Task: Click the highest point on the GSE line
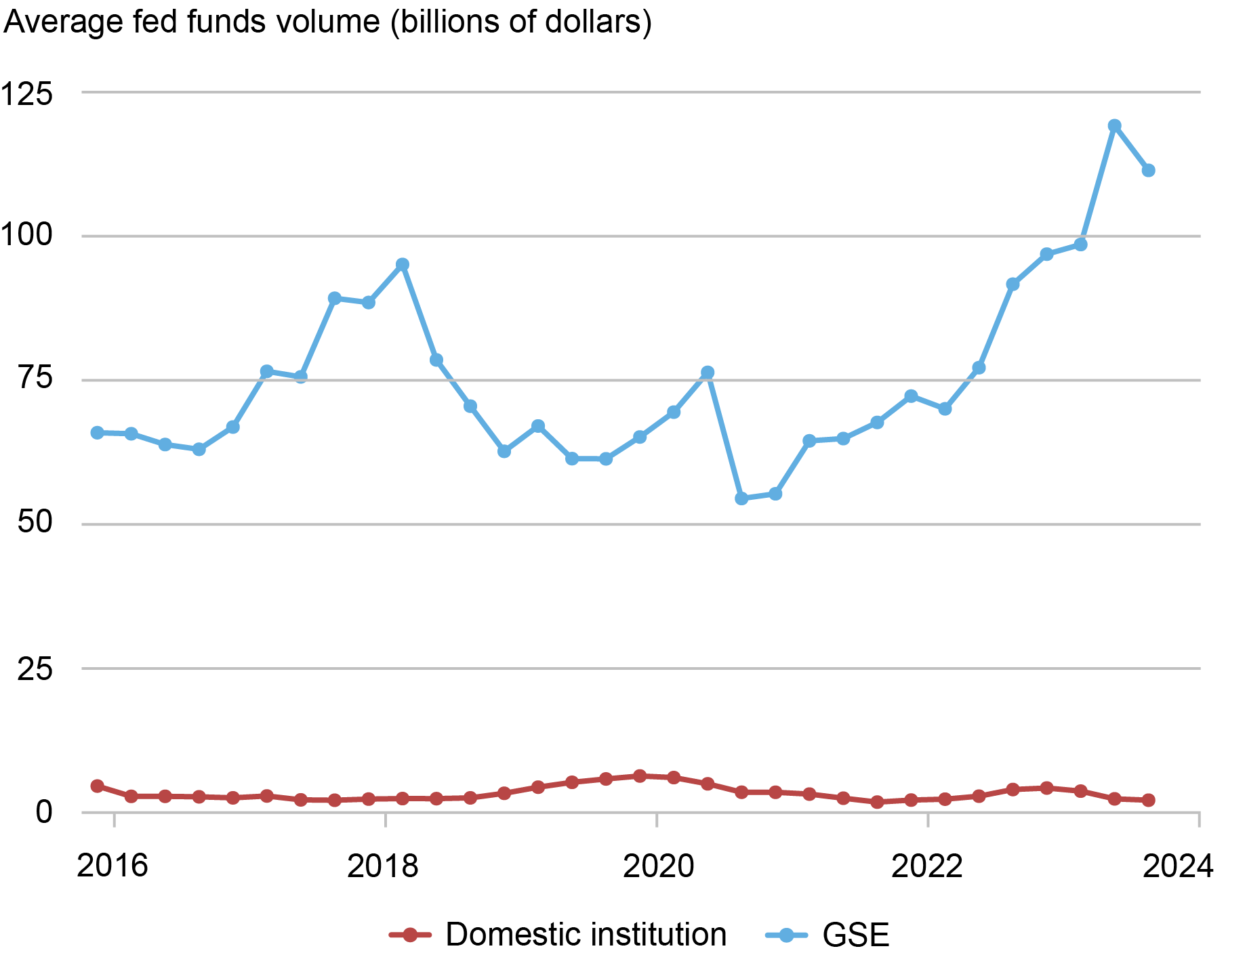(1114, 126)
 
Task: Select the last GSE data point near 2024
(1148, 171)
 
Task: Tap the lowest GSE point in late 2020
(741, 498)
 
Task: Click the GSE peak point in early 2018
(403, 265)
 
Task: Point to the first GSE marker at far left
(98, 433)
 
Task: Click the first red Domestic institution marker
(98, 786)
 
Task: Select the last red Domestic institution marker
(1148, 800)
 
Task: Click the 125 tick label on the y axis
(27, 93)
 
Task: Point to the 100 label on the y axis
(27, 236)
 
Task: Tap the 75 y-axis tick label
(35, 379)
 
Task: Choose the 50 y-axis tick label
(35, 523)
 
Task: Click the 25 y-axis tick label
(35, 669)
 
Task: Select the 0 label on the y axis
(43, 812)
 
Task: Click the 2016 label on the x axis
(113, 866)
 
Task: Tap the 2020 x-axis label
(657, 866)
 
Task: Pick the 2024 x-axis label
(1178, 866)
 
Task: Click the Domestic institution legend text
(586, 935)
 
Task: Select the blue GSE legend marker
(786, 935)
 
